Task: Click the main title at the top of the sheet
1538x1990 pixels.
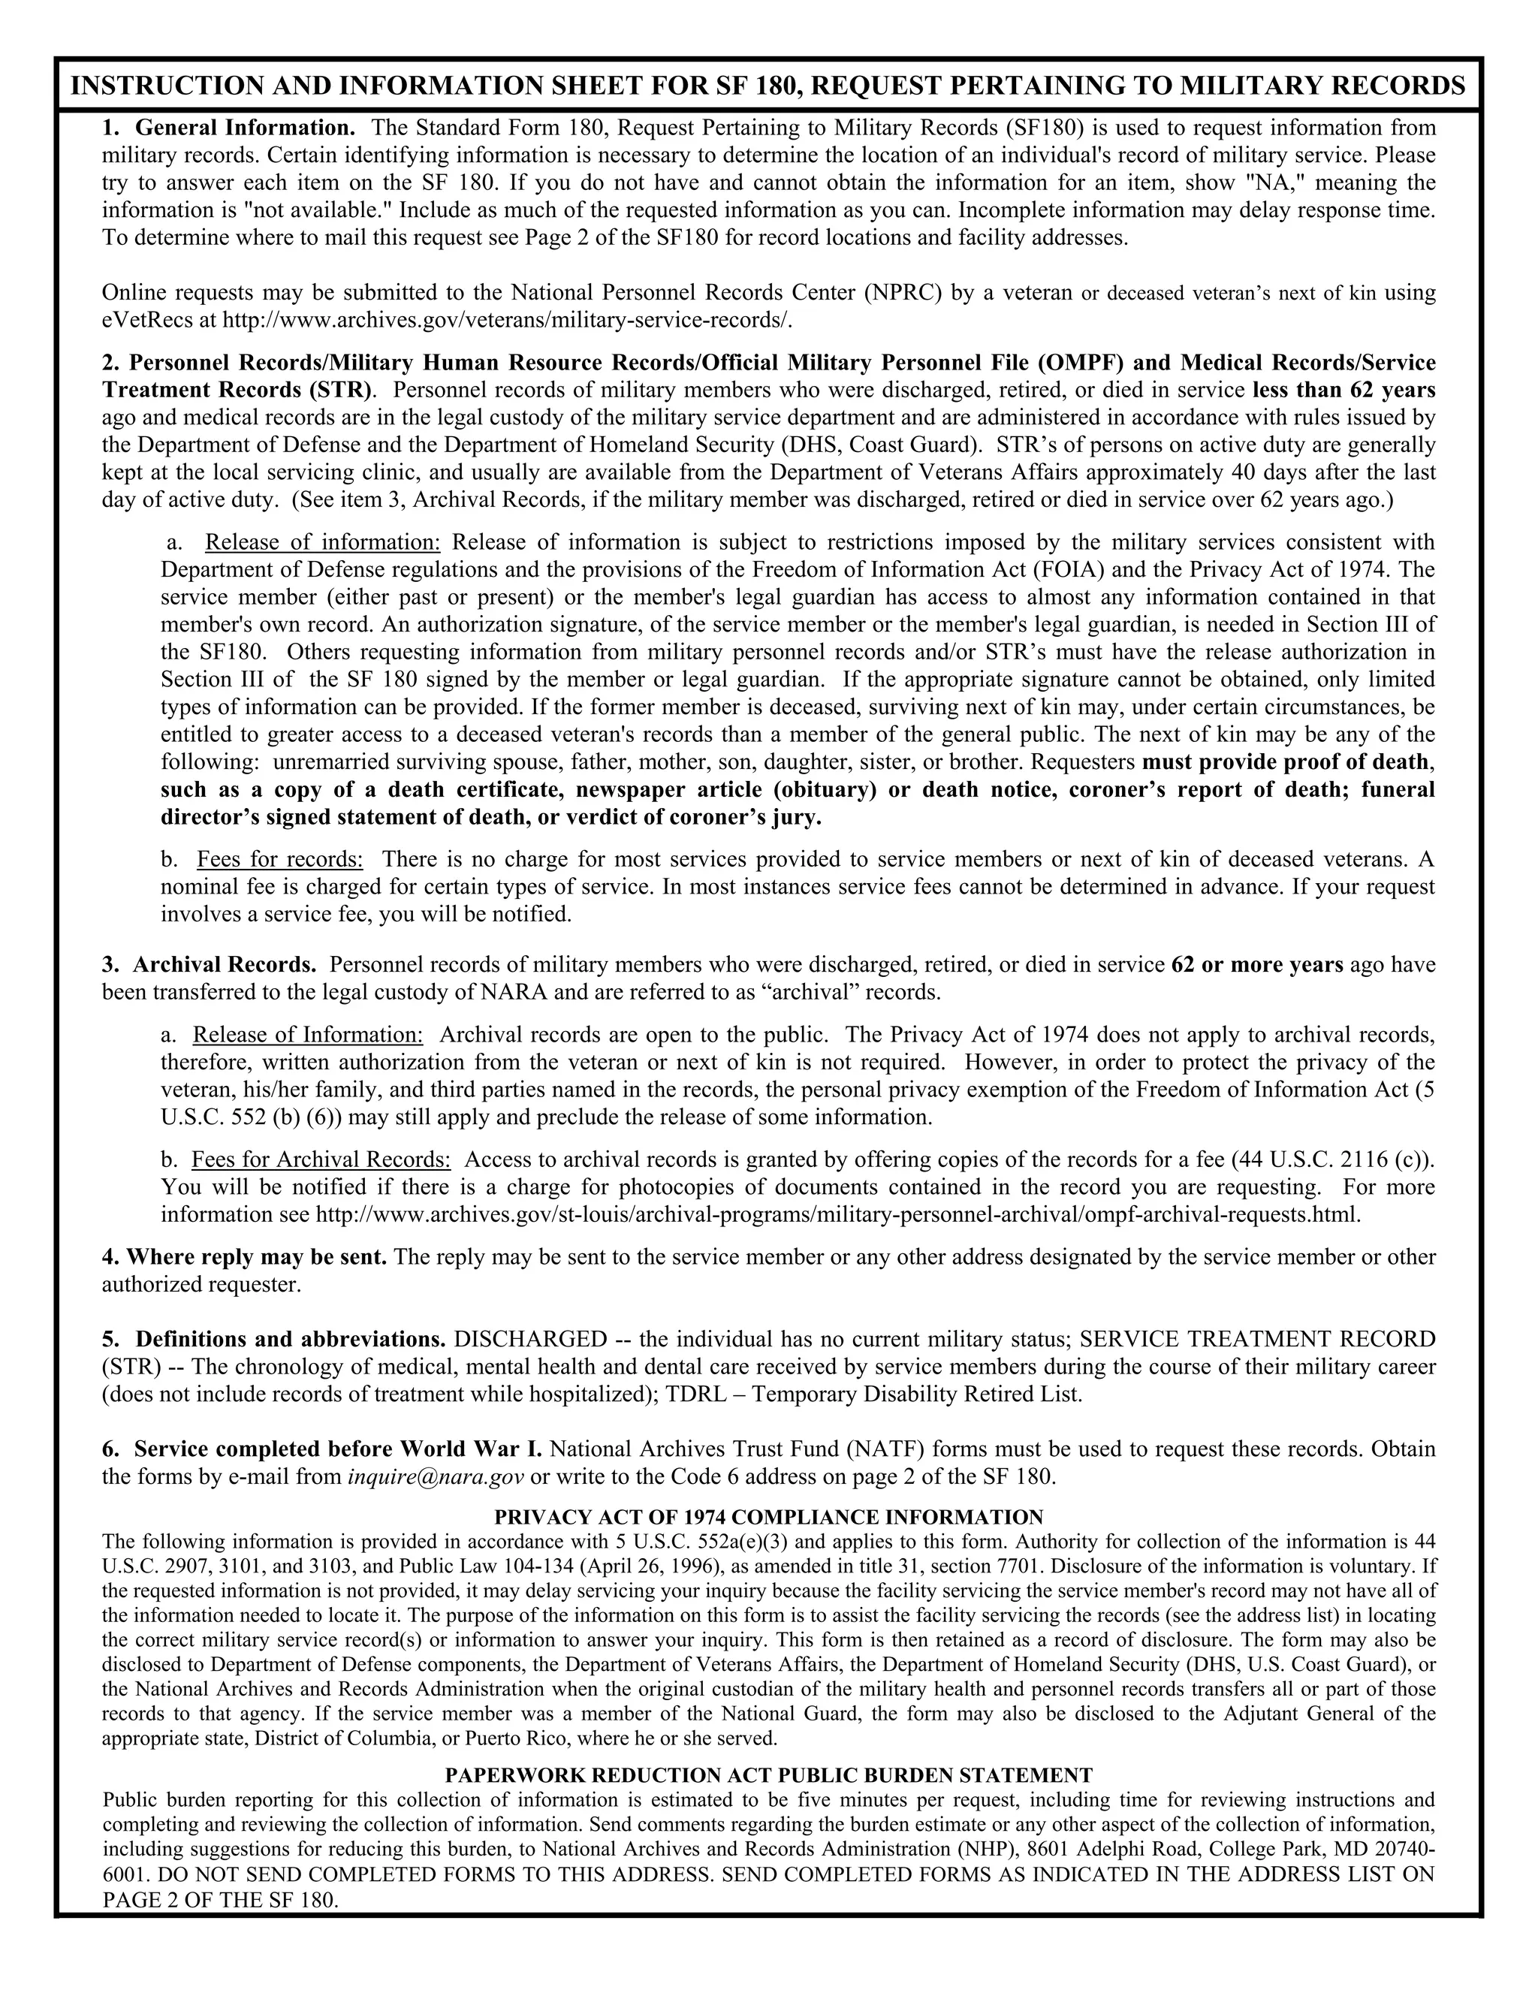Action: [x=768, y=86]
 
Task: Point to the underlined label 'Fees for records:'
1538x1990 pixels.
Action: [x=279, y=859]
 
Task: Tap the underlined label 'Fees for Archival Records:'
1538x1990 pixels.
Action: [x=321, y=1160]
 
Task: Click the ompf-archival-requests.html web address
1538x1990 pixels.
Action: [x=837, y=1214]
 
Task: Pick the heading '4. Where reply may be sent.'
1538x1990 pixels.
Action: [x=244, y=1257]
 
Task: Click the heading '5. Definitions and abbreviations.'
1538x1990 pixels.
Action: [x=274, y=1340]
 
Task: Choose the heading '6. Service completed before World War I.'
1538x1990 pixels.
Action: [x=322, y=1449]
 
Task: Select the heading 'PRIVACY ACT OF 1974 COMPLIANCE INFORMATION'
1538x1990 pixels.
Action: [x=768, y=1518]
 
